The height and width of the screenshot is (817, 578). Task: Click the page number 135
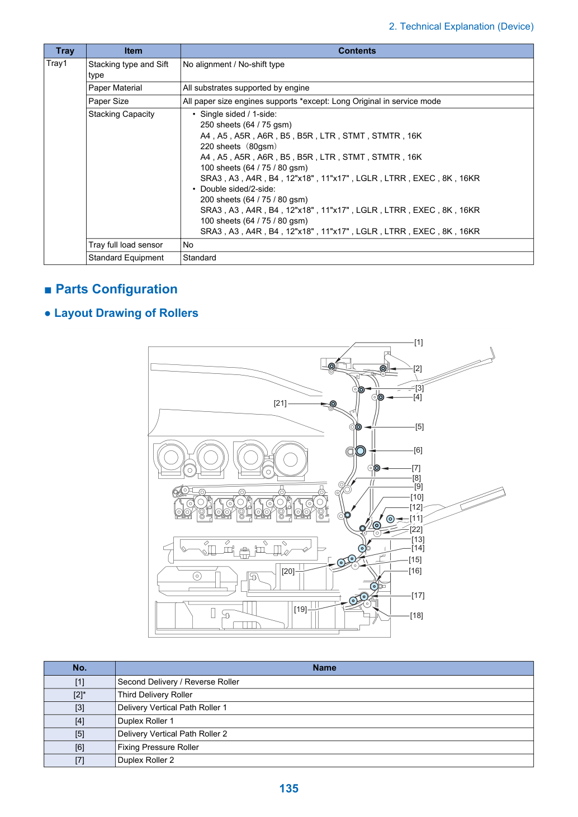(x=288, y=788)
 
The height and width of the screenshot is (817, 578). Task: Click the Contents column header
(x=357, y=51)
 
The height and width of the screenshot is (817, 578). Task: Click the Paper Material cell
(x=133, y=88)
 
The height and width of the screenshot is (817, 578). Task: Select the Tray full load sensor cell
(x=133, y=245)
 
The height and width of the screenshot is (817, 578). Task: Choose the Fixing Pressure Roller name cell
(x=324, y=747)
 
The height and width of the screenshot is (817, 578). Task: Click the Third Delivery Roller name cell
(x=324, y=695)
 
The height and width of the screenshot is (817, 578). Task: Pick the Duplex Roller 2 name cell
(x=324, y=760)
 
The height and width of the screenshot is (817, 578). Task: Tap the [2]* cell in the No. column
(x=79, y=695)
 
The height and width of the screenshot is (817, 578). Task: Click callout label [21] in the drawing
(x=280, y=403)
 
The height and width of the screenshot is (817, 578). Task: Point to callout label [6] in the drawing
(x=418, y=450)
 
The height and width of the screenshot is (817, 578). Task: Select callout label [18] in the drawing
(x=416, y=615)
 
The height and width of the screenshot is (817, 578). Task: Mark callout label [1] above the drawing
(x=418, y=342)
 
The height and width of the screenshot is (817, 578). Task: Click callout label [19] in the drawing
(x=300, y=609)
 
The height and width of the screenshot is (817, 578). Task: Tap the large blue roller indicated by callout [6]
(x=361, y=451)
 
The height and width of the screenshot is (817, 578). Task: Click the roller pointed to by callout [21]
(x=333, y=404)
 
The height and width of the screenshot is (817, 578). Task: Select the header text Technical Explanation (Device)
(x=461, y=27)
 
